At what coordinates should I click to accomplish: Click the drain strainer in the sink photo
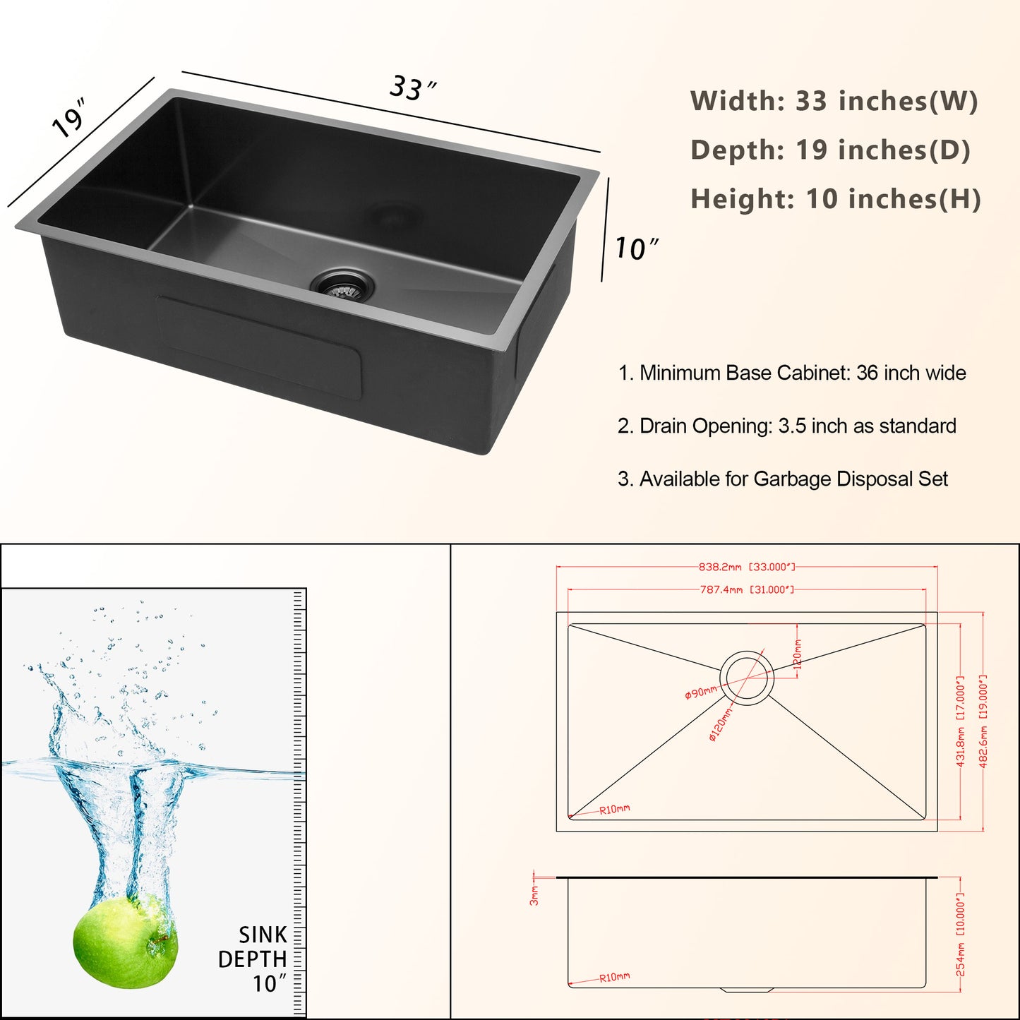click(x=343, y=284)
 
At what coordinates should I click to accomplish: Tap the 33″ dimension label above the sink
click(x=412, y=88)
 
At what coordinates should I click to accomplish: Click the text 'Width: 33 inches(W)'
click(x=834, y=101)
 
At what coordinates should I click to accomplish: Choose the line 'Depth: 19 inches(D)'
click(x=830, y=150)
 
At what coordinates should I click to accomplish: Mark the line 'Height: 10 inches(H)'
click(x=835, y=199)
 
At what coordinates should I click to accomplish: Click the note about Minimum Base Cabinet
click(x=791, y=373)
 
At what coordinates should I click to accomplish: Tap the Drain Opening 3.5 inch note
click(x=786, y=426)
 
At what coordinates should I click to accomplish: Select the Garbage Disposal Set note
click(x=782, y=479)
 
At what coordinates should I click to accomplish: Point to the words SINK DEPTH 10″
click(x=254, y=959)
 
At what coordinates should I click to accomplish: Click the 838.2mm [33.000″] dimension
click(x=746, y=567)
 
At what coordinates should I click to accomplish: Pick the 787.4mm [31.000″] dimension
click(x=746, y=589)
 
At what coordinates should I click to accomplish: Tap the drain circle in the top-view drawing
click(x=747, y=676)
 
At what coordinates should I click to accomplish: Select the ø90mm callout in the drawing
click(x=700, y=693)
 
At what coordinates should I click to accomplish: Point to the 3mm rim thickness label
click(x=534, y=895)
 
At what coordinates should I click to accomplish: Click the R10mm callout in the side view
click(x=614, y=977)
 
